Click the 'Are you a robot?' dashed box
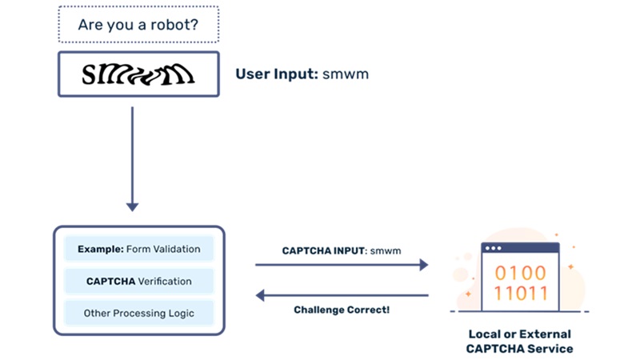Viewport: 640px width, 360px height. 138,25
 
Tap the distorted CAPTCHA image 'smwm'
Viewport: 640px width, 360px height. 138,74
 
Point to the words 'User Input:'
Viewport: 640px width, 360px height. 276,74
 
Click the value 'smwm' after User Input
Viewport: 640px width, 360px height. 345,74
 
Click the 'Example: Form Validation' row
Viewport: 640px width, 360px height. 138,249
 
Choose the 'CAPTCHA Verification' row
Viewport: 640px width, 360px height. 138,281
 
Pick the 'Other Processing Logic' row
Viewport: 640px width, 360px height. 138,313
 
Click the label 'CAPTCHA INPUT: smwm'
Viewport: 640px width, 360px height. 342,250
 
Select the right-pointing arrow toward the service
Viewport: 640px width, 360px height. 342,265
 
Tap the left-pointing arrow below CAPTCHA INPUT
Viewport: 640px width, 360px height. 342,295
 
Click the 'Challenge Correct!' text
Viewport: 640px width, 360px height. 342,310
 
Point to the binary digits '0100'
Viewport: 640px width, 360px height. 519,271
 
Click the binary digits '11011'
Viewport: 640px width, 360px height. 519,294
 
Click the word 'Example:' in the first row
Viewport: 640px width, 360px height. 100,249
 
